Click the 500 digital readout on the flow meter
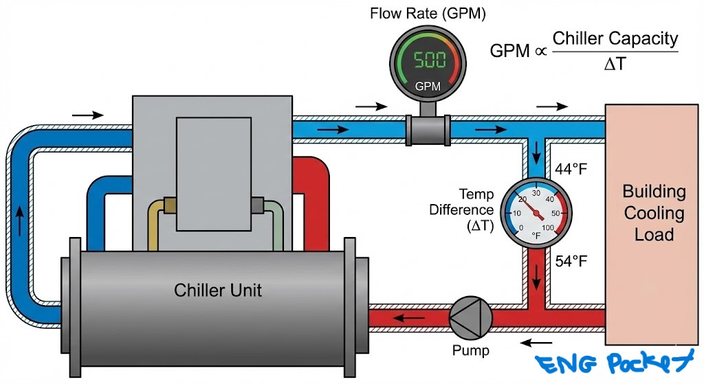[428, 60]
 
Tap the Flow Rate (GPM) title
[428, 13]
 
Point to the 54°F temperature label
[571, 262]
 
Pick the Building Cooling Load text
[653, 212]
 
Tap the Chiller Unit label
[218, 289]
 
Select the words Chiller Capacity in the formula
[615, 38]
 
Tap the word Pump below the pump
[470, 351]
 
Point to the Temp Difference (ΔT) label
[461, 210]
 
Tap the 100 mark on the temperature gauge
[549, 227]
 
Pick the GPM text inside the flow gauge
[428, 87]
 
